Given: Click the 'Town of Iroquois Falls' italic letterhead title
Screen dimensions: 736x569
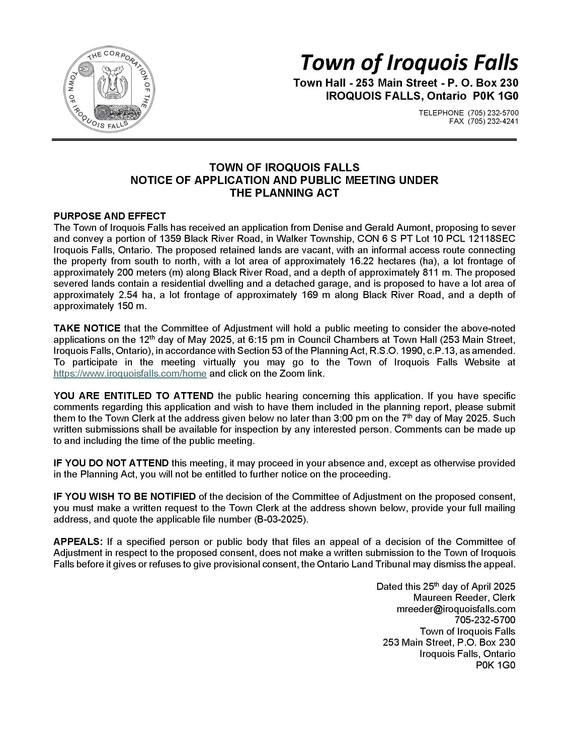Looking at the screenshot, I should tap(409, 63).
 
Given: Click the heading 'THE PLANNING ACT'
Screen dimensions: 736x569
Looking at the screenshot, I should tap(284, 193).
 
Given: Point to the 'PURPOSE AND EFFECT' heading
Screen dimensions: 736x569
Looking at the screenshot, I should tap(109, 216).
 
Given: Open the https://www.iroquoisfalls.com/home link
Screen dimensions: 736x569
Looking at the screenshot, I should tap(130, 374).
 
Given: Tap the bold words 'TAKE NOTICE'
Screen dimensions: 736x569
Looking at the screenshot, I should tap(87, 328).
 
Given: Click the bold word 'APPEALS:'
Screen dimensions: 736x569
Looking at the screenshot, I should tap(78, 542).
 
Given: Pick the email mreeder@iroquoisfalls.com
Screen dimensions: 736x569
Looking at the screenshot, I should tap(456, 609).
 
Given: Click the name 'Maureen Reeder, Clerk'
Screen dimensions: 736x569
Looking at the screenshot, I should tap(464, 598).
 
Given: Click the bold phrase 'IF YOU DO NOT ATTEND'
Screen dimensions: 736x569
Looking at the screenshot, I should tap(111, 463).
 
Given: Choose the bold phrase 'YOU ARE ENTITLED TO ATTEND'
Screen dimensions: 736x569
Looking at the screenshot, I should tap(133, 396).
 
